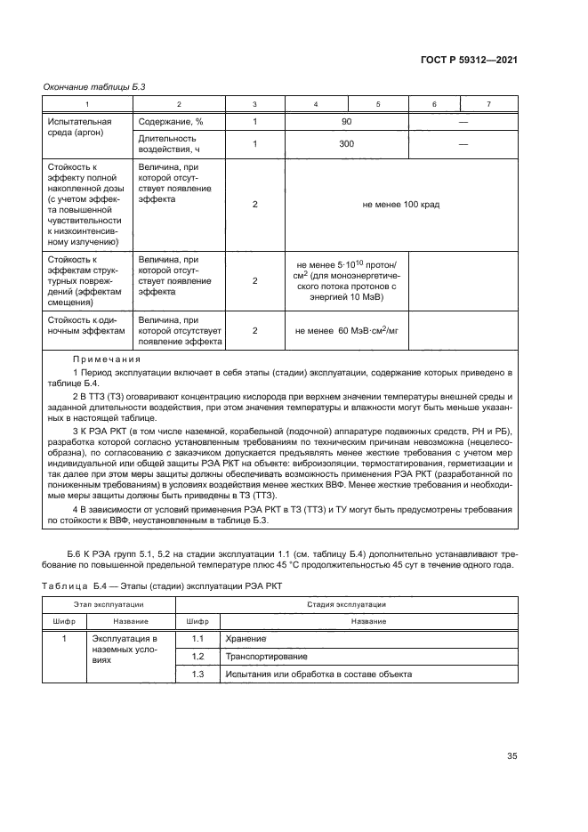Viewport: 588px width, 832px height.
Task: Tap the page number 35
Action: [511, 756]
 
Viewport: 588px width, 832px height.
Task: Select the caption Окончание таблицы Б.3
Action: [94, 86]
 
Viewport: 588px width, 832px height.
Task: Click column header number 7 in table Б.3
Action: [488, 104]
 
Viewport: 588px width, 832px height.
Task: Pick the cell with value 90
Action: [347, 122]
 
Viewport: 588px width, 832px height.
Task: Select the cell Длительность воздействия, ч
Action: [169, 143]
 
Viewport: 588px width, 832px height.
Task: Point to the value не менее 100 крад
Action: [400, 205]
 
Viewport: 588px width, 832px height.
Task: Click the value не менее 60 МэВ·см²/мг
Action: [347, 330]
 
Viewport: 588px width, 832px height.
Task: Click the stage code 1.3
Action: [199, 675]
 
